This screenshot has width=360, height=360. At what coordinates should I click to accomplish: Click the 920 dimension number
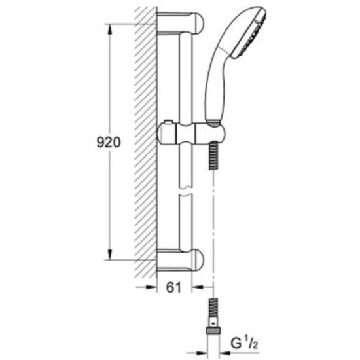coord(109,143)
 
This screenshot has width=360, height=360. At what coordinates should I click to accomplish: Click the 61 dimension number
coord(173,287)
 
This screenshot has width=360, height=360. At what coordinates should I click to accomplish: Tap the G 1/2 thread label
coord(245,343)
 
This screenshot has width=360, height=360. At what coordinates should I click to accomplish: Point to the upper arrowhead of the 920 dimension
coord(110,29)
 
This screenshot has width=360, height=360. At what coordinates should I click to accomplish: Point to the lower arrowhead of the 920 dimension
coord(110,254)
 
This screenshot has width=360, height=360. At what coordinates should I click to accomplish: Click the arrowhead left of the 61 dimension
coord(152,287)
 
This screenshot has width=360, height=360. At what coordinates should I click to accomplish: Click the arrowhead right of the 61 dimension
coord(197,287)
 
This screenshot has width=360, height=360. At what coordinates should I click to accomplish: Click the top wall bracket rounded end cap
coord(199,23)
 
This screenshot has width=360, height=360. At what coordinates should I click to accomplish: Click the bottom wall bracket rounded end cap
coord(199,259)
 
